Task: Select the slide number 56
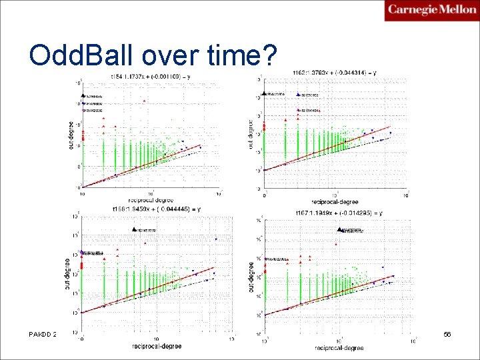pyautogui.click(x=447, y=332)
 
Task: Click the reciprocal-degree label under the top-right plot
pyautogui.click(x=335, y=201)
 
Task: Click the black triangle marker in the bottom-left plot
pyautogui.click(x=134, y=229)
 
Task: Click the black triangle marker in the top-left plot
pyautogui.click(x=83, y=96)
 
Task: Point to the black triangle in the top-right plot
pyautogui.click(x=265, y=93)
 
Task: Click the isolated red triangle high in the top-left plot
pyautogui.click(x=144, y=101)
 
